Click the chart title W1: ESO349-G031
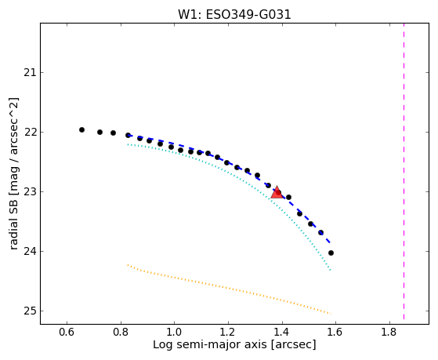(234, 15)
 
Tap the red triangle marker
(277, 192)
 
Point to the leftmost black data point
(81, 129)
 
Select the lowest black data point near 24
(331, 253)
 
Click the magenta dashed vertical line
(404, 171)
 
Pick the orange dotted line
(229, 289)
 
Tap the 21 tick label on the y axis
(30, 73)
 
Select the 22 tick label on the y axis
(30, 133)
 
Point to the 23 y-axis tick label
(30, 192)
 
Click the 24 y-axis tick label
(30, 252)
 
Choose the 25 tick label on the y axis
(30, 311)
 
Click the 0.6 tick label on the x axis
(67, 332)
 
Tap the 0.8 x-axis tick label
(121, 332)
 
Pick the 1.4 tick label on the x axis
(282, 332)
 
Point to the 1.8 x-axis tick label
(389, 332)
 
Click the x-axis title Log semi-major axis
(210, 344)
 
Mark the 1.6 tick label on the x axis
(335, 332)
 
